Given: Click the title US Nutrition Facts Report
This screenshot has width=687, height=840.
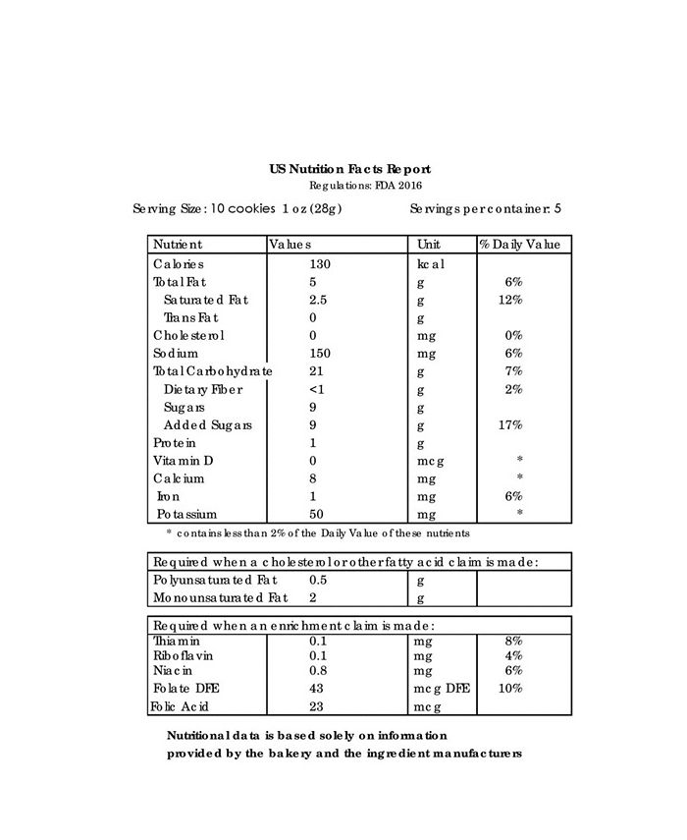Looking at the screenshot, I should click(x=349, y=170).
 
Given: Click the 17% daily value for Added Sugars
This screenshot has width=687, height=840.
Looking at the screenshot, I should click(x=510, y=425).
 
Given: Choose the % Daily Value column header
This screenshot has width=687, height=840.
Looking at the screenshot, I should click(x=519, y=244).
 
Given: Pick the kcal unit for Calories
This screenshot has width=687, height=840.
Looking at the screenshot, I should click(x=431, y=264).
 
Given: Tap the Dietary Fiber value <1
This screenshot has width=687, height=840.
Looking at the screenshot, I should click(x=316, y=389).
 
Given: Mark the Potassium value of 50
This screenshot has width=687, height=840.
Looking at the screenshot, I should click(x=316, y=515).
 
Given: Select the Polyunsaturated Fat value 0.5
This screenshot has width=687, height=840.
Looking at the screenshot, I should click(x=318, y=581).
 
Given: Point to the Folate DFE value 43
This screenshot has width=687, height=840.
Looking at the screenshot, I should click(x=316, y=689).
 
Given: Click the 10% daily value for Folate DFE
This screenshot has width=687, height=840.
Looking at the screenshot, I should click(x=510, y=689).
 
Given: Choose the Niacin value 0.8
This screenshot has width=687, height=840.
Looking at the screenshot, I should click(x=318, y=670).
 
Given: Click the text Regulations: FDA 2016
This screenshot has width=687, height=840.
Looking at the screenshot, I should click(x=366, y=186).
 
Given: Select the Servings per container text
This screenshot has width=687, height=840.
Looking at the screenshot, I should click(x=485, y=209).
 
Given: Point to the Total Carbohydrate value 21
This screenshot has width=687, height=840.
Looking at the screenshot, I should click(x=316, y=371).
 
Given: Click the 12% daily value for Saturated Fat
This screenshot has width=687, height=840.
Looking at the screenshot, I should click(x=510, y=300).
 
